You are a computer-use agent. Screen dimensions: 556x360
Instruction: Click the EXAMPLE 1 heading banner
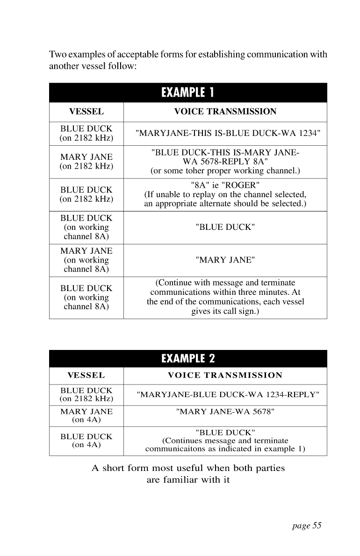[187, 92]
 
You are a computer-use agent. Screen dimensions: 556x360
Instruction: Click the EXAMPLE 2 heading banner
[187, 358]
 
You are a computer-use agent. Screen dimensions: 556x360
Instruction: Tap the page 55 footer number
[307, 526]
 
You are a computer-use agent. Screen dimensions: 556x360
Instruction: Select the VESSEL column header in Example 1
[86, 112]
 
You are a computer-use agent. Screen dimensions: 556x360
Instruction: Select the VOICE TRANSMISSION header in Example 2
[225, 375]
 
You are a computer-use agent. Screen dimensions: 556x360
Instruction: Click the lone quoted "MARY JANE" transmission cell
[225, 260]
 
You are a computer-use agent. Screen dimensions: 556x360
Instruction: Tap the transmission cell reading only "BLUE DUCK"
[225, 228]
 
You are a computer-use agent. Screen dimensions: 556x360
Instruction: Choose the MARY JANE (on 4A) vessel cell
[86, 415]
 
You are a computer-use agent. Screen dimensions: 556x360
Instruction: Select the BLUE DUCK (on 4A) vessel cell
[86, 441]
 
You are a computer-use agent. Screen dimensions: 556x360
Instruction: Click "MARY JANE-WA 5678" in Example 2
[225, 412]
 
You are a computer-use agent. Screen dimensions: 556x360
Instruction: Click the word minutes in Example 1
[275, 292]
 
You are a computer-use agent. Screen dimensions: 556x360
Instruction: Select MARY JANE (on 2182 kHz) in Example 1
[86, 162]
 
